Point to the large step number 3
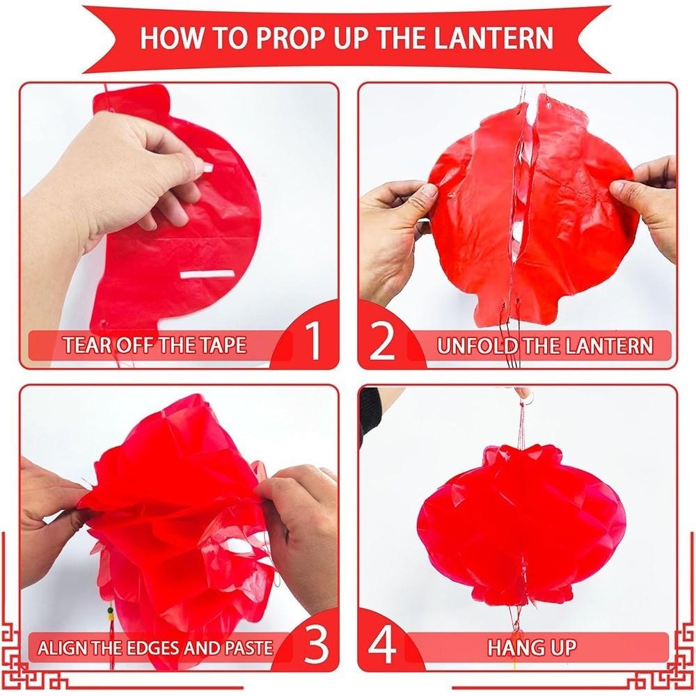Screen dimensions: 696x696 (x=316, y=646)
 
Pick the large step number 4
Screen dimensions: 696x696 (x=381, y=646)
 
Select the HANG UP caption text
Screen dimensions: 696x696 (x=532, y=648)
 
